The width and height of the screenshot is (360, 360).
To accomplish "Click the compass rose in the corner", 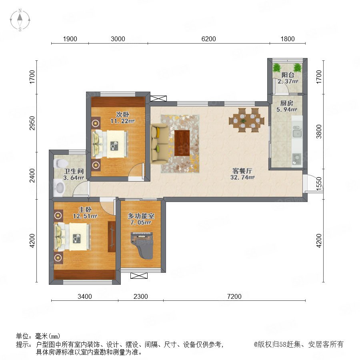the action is coord(20,20).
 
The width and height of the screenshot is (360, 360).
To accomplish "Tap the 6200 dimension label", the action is coord(208,39).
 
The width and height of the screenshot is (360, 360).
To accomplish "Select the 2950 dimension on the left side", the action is coord(32,123).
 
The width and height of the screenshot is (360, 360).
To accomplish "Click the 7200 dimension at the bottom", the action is coord(234,296).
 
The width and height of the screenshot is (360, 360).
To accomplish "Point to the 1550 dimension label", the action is coord(319,184).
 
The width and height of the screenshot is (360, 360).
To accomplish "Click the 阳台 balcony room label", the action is coord(288,75).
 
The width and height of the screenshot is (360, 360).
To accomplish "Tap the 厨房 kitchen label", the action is coord(286,103).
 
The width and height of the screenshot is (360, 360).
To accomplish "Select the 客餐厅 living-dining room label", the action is coord(242,171).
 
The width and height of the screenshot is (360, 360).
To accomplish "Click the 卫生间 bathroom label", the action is coord(74,171).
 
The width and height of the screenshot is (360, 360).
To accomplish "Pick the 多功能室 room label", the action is coord(141,216).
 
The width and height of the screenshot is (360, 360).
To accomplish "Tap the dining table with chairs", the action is coord(246,120).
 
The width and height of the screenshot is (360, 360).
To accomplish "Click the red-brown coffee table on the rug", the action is coord(182,143).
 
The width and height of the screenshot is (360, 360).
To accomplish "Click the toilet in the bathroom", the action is coord(60,163).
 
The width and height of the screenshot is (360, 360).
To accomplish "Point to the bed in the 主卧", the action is coord(72,237).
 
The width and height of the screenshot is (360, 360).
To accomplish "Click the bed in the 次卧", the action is coord(110,144).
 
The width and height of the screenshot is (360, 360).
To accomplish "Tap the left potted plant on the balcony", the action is coord(277,67).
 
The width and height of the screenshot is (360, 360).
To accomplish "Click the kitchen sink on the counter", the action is coord(297,133).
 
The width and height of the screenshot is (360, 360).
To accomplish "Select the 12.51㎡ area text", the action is coord(85,216).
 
